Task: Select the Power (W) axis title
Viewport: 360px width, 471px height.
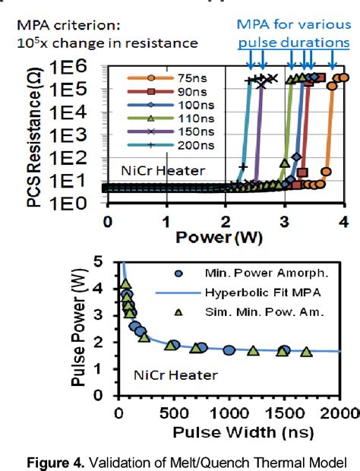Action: click(226, 239)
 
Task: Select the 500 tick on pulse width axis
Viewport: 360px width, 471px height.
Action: click(173, 413)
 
